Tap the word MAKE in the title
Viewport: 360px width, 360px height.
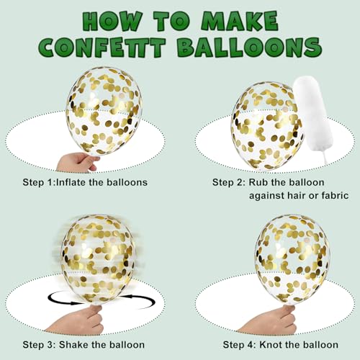coord(240,22)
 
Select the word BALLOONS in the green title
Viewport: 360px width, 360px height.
coord(250,47)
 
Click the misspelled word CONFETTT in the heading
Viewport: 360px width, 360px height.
coord(102,47)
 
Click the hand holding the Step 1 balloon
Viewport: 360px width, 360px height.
coord(77,162)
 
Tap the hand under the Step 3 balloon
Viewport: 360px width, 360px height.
coord(78,320)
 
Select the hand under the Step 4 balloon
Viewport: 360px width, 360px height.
coord(269,320)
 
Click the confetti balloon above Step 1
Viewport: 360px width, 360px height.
coord(104,111)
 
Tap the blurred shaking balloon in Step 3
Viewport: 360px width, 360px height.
coord(97,259)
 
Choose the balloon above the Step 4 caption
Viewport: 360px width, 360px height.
coord(292,259)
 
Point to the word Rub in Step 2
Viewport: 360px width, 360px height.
coord(258,182)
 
